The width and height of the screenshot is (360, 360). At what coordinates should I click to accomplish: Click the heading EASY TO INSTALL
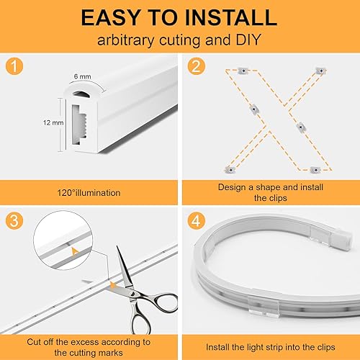(x=179, y=17)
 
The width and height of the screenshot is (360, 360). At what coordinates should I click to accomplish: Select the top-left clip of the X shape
(x=243, y=71)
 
